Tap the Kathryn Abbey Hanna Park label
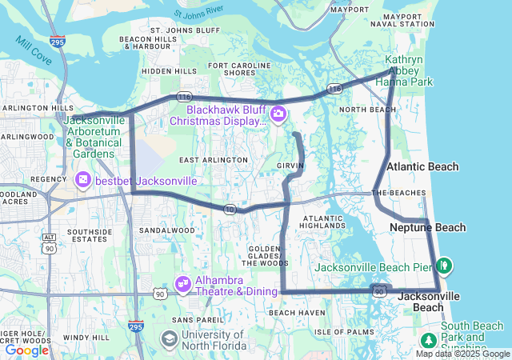pyautogui.click(x=409, y=70)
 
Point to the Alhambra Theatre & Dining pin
pyautogui.click(x=183, y=283)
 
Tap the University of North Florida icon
pyautogui.click(x=169, y=340)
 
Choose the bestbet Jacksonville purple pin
pyautogui.click(x=82, y=181)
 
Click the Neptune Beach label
pyautogui.click(x=427, y=228)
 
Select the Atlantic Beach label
pyautogui.click(x=422, y=166)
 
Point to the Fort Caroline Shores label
pyautogui.click(x=232, y=68)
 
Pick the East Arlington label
pyautogui.click(x=214, y=160)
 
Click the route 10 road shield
pyautogui.click(x=230, y=209)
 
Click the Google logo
pyautogui.click(x=27, y=350)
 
